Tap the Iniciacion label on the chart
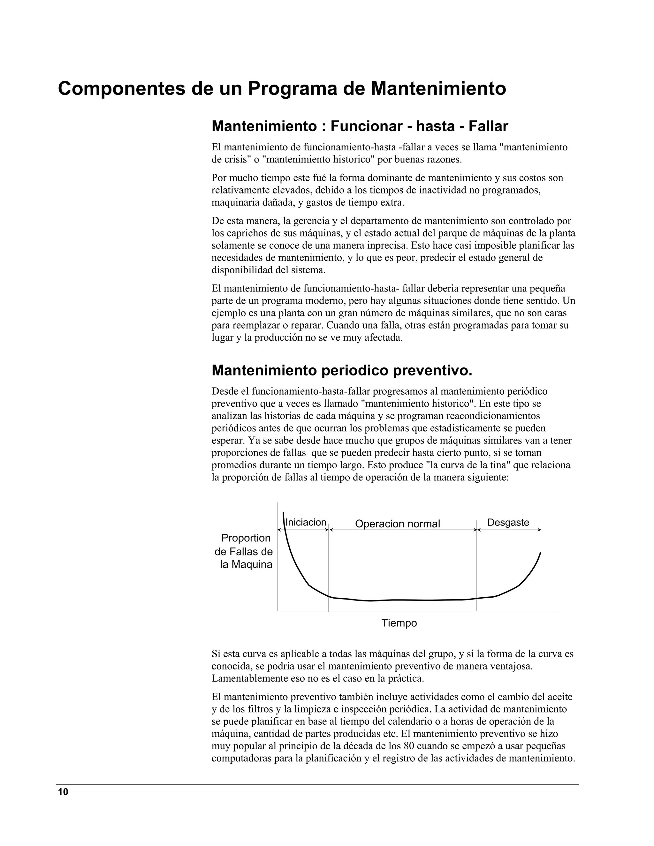(306, 523)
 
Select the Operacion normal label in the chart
(398, 524)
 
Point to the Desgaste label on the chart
(508, 523)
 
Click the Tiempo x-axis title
(399, 623)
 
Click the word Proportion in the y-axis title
(246, 538)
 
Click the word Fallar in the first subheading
(488, 126)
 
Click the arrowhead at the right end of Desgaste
(540, 530)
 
